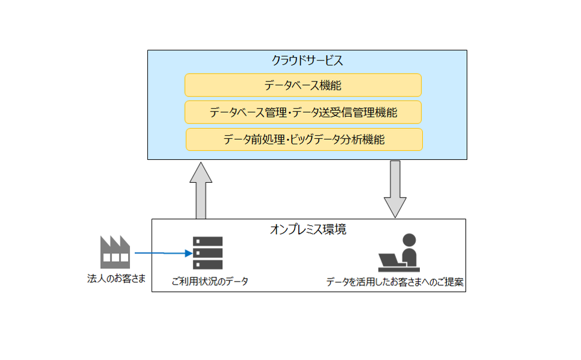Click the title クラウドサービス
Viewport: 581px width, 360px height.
[x=307, y=60]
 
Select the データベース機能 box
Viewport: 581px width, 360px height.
[x=303, y=85]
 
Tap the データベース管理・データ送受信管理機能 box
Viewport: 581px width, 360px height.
[x=303, y=112]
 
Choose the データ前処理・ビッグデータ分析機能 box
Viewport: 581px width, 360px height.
[x=304, y=140]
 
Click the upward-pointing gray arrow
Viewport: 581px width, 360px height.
[x=201, y=190]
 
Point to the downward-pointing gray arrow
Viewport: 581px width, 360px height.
[x=395, y=189]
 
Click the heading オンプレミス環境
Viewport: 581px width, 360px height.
[x=308, y=229]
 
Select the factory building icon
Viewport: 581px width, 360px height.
[x=115, y=252]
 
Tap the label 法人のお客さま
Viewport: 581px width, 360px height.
[x=116, y=279]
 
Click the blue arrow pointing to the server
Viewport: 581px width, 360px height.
[x=164, y=253]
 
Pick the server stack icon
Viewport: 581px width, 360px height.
[x=207, y=253]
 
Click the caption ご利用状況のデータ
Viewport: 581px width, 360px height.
[x=210, y=282]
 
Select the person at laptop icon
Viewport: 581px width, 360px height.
[x=399, y=253]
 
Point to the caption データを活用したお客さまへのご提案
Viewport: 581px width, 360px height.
[x=395, y=282]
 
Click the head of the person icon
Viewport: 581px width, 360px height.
[x=409, y=240]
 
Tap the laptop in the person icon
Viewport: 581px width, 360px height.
[x=391, y=261]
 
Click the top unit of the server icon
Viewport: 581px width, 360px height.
[x=207, y=241]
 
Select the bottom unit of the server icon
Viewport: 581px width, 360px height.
[x=207, y=264]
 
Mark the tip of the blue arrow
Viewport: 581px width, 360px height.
[x=192, y=253]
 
